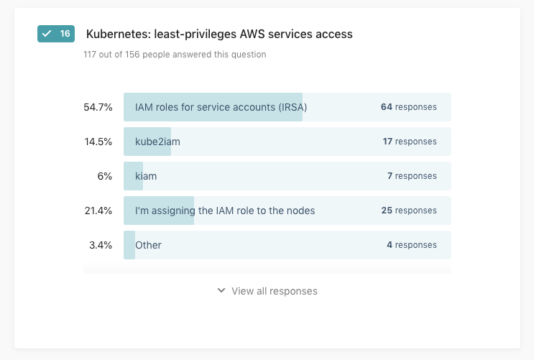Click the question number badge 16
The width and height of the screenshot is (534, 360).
pos(56,34)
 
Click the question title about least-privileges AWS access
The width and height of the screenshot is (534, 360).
pos(219,34)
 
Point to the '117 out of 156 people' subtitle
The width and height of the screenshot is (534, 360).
pos(175,55)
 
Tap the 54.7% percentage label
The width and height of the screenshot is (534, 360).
pos(98,107)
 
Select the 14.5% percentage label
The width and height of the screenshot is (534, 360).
pos(98,142)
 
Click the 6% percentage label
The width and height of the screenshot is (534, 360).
pos(105,176)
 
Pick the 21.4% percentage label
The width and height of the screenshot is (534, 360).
pos(98,211)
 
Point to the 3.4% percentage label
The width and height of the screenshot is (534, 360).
pos(101,245)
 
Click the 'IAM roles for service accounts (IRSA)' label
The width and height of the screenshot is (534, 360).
pos(221,107)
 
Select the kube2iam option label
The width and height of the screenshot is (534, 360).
pos(157,142)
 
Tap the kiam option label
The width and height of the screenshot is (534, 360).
pos(146,176)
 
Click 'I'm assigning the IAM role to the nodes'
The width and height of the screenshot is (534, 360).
pos(225,211)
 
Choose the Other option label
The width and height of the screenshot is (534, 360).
pos(148,245)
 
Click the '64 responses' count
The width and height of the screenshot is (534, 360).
pos(408,107)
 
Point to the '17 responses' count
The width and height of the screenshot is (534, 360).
pos(409,142)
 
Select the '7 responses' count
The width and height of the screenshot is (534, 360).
pos(411,176)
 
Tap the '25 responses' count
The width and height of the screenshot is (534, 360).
pos(408,211)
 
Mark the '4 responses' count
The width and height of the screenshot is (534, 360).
pos(411,245)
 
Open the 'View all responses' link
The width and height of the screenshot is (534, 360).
pos(274,291)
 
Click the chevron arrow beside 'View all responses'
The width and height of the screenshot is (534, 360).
pos(221,291)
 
